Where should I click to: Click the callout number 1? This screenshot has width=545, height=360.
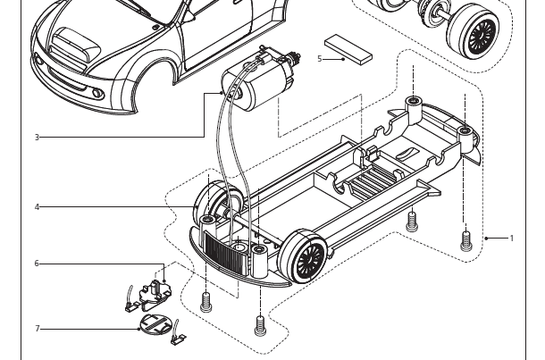pyautogui.click(x=512, y=239)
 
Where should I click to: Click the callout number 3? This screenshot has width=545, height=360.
pyautogui.click(x=37, y=138)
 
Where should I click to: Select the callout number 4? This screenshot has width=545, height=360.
pyautogui.click(x=37, y=207)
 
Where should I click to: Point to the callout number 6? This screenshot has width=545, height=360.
pyautogui.click(x=37, y=264)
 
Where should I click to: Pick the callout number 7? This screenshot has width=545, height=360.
pyautogui.click(x=37, y=329)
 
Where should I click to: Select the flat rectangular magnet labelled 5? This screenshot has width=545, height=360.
pyautogui.click(x=348, y=48)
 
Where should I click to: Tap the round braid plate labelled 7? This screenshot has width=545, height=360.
pyautogui.click(x=157, y=326)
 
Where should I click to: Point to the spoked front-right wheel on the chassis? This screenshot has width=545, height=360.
pyautogui.click(x=302, y=257)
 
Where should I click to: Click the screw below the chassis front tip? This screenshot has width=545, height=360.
pyautogui.click(x=260, y=323)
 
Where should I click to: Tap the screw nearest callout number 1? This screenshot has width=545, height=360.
pyautogui.click(x=465, y=239)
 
